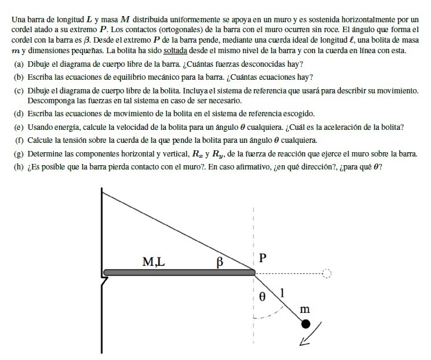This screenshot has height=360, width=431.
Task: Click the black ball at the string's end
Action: [x=305, y=324]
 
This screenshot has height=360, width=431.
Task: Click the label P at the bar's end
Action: [x=262, y=257]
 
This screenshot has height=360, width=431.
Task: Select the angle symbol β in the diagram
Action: [x=218, y=262]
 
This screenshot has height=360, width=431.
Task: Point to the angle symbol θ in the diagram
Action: [x=262, y=296]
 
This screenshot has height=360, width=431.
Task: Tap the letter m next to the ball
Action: [x=304, y=308]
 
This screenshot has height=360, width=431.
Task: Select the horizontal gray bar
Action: [x=179, y=272]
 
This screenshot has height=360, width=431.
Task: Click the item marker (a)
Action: [x=19, y=64]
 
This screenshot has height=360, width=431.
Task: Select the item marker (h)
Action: [x=19, y=165]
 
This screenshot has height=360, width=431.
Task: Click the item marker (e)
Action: [x=19, y=127]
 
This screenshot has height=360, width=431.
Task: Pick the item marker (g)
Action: [x=19, y=153]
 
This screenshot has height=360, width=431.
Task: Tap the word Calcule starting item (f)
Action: [x=41, y=140]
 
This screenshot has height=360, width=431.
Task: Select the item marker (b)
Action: [x=19, y=77]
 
